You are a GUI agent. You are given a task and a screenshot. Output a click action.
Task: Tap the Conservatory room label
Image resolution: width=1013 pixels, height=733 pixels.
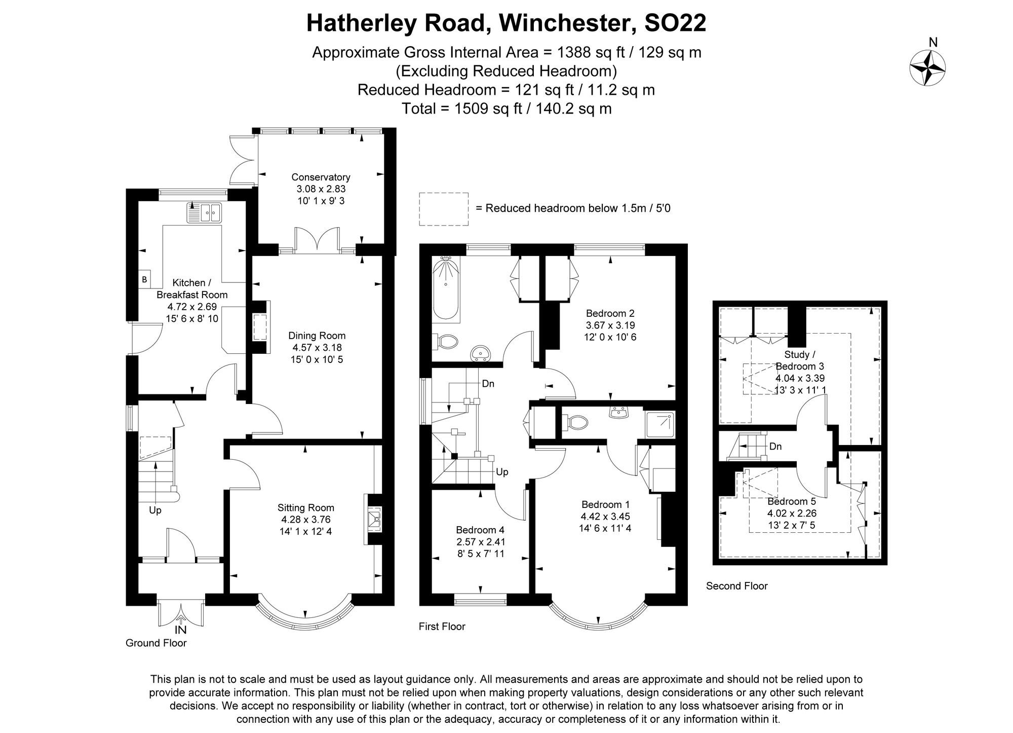[321, 177]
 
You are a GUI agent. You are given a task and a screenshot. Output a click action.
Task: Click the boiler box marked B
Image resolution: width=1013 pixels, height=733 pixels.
[144, 279]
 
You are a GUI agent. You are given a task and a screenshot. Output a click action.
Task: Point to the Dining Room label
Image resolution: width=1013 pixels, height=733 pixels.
[317, 336]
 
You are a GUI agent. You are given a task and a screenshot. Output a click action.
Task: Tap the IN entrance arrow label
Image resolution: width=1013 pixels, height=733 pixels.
[180, 630]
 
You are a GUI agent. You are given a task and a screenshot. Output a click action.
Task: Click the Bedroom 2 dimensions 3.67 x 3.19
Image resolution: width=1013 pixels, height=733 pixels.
[610, 325]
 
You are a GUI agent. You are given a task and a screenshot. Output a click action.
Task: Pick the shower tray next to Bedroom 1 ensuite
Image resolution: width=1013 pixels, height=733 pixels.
[660, 425]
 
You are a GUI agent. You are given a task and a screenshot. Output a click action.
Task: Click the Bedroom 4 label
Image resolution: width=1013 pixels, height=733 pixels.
[480, 530]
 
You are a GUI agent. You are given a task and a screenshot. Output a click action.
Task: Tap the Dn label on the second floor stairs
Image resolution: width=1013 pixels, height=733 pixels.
[775, 447]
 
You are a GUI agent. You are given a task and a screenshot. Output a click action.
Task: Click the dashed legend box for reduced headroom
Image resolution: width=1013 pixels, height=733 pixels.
[443, 208]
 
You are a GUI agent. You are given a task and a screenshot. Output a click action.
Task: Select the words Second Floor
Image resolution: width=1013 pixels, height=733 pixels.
[736, 586]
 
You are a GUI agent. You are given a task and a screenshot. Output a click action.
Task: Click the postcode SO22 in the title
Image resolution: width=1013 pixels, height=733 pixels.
[675, 23]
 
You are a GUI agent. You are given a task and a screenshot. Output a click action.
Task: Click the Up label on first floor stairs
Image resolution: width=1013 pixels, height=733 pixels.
[502, 472]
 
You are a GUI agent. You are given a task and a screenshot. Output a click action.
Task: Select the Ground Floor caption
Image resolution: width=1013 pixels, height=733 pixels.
[156, 643]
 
